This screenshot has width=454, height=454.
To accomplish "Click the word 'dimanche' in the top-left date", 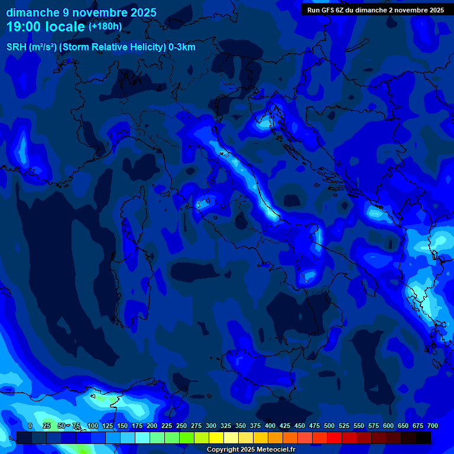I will [28, 12].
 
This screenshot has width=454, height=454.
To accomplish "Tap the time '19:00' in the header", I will [24, 27].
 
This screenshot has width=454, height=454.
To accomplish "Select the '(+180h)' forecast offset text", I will [105, 26].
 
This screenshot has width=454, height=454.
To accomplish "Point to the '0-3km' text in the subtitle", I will [182, 47].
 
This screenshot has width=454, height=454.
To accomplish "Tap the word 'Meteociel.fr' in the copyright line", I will [271, 450].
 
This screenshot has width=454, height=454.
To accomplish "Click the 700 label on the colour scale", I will [432, 426].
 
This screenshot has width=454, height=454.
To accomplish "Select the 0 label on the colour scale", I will [30, 426].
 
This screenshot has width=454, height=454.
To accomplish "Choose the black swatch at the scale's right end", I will [423, 437].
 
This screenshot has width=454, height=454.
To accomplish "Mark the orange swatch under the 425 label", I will [275, 437].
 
